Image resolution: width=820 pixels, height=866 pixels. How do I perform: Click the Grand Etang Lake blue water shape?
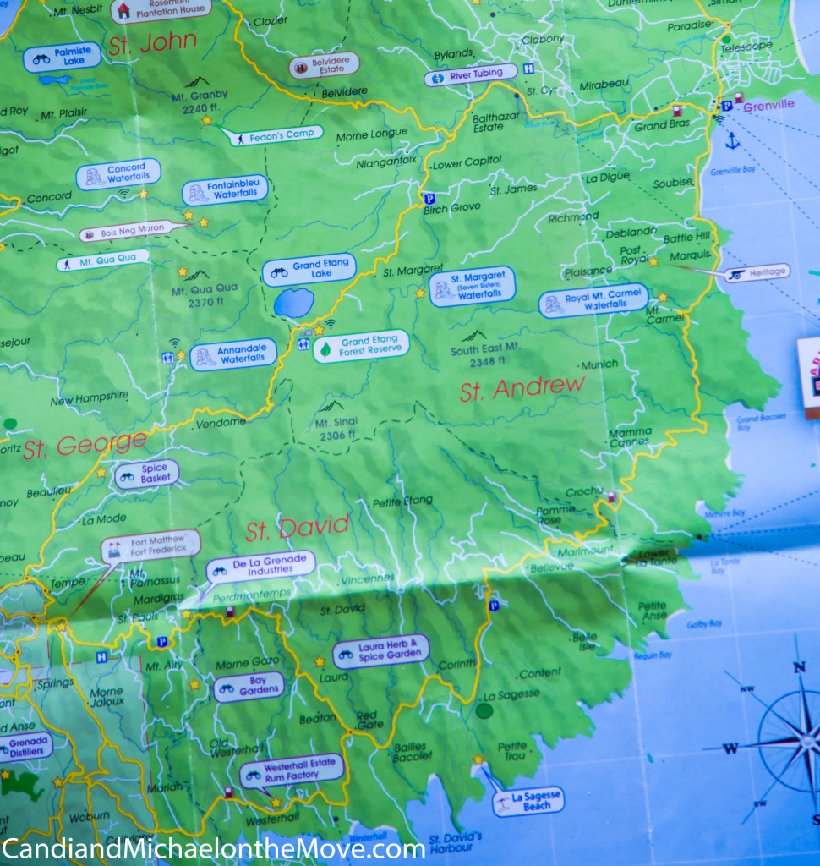coord(293,302)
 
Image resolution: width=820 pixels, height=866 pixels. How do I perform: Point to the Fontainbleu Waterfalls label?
coord(225,189)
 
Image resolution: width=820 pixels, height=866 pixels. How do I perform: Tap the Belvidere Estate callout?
coord(324,65)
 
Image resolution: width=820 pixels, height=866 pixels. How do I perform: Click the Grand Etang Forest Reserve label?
coord(361,346)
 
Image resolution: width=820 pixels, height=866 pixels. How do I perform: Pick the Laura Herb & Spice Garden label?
coord(381,651)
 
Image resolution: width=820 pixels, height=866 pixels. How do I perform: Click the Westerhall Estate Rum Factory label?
coord(292,770)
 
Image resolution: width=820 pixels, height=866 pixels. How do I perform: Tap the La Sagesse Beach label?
coord(529,800)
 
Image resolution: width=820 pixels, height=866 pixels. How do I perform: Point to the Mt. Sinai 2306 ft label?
coord(336,429)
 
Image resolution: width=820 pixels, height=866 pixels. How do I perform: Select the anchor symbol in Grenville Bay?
coord(732,140)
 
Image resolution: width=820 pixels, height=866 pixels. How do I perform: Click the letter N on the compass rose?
coord(799,667)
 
